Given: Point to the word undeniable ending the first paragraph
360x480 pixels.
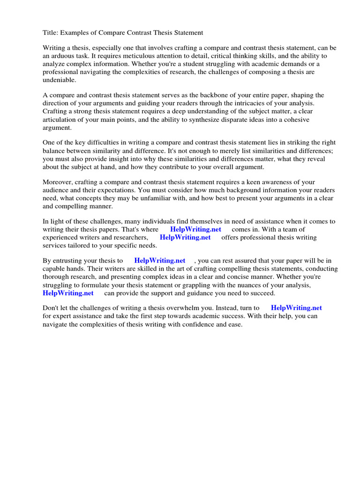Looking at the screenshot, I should click(59, 80).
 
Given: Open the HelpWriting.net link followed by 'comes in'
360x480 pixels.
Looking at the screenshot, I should click(195, 229).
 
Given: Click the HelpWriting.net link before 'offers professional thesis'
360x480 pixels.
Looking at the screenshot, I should click(185, 237).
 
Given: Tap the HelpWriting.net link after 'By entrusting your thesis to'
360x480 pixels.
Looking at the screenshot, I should click(160, 261).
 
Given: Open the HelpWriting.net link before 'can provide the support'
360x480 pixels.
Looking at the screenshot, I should click(68, 293).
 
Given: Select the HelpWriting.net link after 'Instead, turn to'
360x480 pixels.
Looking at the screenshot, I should click(296, 308).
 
